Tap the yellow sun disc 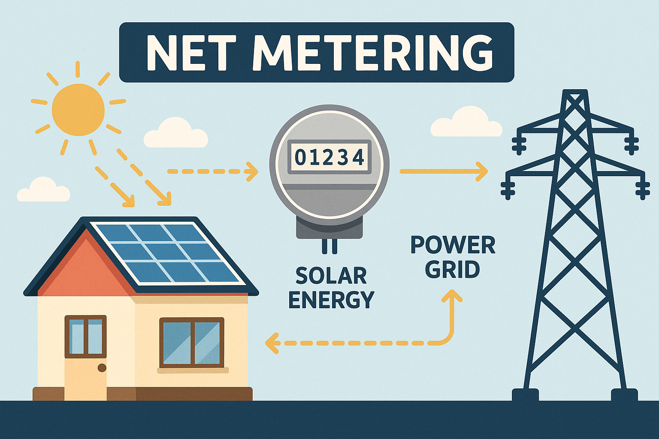tap(78, 110)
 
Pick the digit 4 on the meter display tap(358, 158)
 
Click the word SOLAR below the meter tap(331, 276)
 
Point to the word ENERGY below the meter tap(331, 300)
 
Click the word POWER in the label tap(453, 245)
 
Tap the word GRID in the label tap(453, 270)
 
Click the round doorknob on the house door tap(102, 368)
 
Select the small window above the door tap(86, 337)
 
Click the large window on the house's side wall tap(192, 343)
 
